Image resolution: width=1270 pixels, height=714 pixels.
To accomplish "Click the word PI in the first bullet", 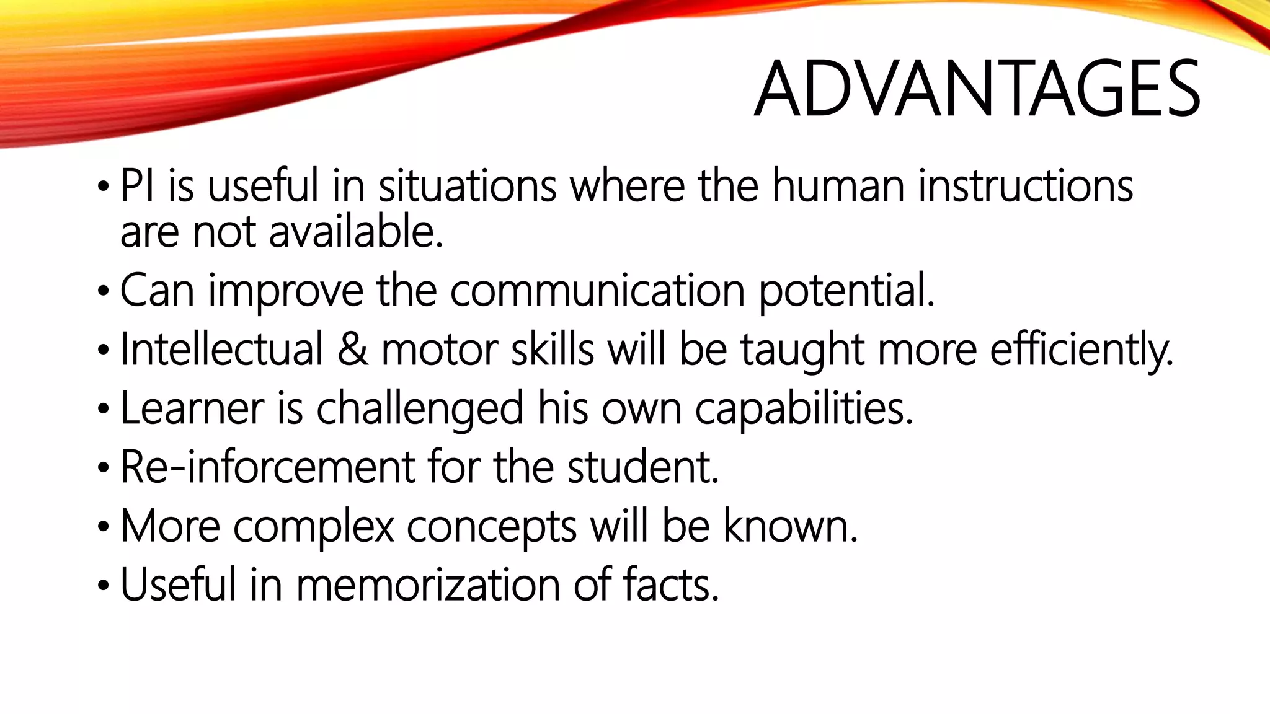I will (136, 186).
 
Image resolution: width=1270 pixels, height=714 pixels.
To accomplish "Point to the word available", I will (356, 232).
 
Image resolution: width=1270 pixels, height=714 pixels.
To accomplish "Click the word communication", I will (597, 290).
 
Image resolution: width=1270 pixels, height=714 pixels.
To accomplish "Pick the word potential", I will (846, 291).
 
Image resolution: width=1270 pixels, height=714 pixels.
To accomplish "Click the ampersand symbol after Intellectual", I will (353, 349).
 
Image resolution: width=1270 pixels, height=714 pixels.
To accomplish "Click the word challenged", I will (420, 408).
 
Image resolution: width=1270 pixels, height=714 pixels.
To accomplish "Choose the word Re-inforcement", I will (267, 467).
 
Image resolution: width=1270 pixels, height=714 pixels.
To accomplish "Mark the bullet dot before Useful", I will (103, 586).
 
